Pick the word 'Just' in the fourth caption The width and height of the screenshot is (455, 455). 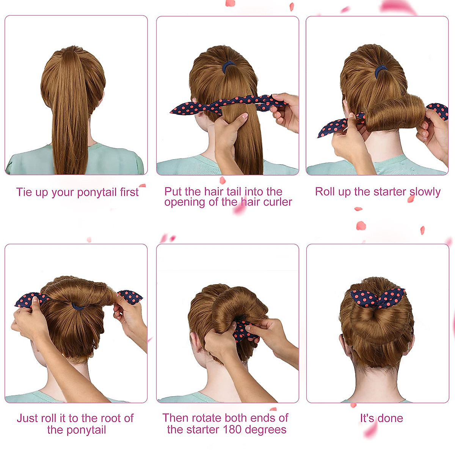(27, 418)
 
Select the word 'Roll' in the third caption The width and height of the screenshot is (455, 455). (325, 192)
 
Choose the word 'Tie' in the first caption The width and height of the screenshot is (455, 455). (24, 192)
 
